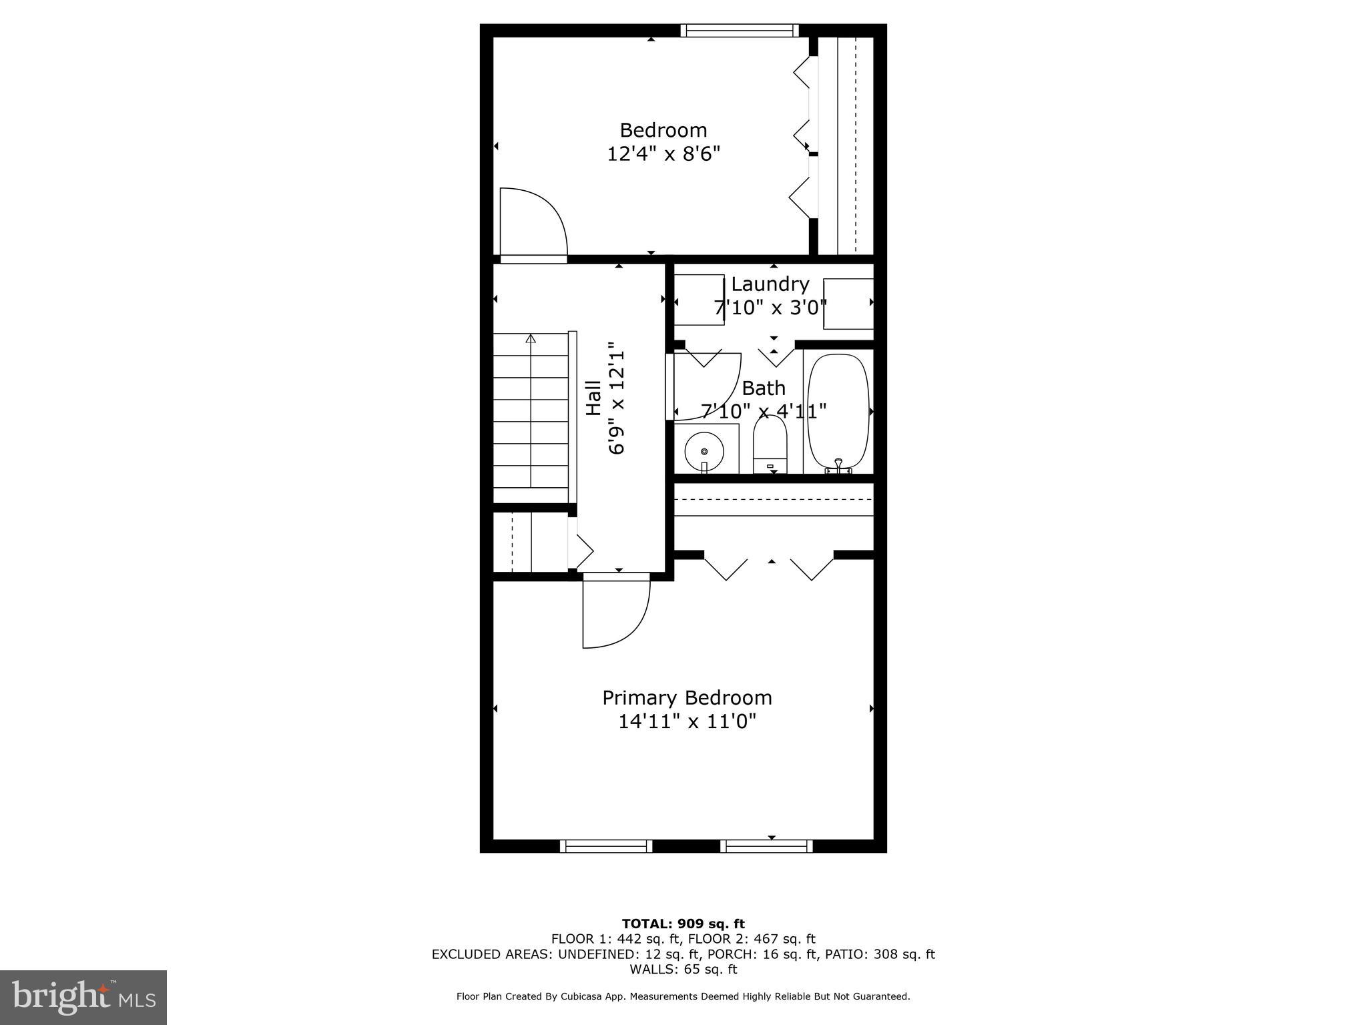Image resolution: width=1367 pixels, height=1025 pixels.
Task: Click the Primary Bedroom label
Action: click(687, 698)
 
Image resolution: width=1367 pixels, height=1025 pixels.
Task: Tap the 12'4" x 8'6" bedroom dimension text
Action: click(663, 154)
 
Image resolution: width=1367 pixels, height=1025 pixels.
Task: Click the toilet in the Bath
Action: click(770, 444)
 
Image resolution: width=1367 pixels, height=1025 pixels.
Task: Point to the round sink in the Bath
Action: click(704, 452)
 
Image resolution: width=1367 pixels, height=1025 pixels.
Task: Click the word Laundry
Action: click(770, 284)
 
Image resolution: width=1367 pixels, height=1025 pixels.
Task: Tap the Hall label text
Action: click(593, 398)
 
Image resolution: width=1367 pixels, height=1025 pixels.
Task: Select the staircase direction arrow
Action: click(531, 338)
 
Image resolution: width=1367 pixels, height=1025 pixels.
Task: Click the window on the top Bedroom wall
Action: click(740, 30)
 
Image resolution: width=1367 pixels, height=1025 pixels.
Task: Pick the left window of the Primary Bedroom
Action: click(606, 846)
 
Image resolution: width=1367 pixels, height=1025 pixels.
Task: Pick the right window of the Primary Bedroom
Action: click(766, 846)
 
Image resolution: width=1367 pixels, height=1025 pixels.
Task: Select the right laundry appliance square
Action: click(848, 304)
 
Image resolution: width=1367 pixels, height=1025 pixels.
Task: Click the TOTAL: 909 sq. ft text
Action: click(683, 924)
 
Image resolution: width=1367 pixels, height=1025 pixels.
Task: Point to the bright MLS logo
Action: click(83, 997)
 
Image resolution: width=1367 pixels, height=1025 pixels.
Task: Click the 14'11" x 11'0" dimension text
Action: click(687, 721)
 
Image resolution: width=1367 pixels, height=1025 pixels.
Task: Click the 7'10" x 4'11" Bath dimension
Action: click(764, 411)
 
